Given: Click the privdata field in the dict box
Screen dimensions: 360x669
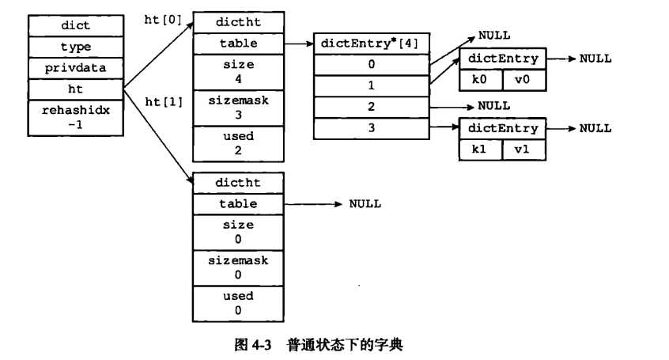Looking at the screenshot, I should coord(76,68).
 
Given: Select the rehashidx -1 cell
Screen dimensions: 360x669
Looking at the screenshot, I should coord(76,117).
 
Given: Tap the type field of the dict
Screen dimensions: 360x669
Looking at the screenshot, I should coord(76,47).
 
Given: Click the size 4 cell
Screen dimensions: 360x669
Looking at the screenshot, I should coord(238,72).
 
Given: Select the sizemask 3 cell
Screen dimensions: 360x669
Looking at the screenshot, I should coord(238,108).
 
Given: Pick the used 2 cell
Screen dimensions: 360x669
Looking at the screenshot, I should coord(238,143).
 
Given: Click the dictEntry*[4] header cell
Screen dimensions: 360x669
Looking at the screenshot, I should coord(372,44).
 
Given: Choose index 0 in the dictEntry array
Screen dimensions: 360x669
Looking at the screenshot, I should coord(372,65).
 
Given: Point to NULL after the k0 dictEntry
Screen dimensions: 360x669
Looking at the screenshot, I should coord(595,59).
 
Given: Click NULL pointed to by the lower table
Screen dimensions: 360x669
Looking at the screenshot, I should coord(365,204).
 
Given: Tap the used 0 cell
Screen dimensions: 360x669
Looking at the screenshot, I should coord(238,303).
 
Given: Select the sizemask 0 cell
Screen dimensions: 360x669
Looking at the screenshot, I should coord(238,267).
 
